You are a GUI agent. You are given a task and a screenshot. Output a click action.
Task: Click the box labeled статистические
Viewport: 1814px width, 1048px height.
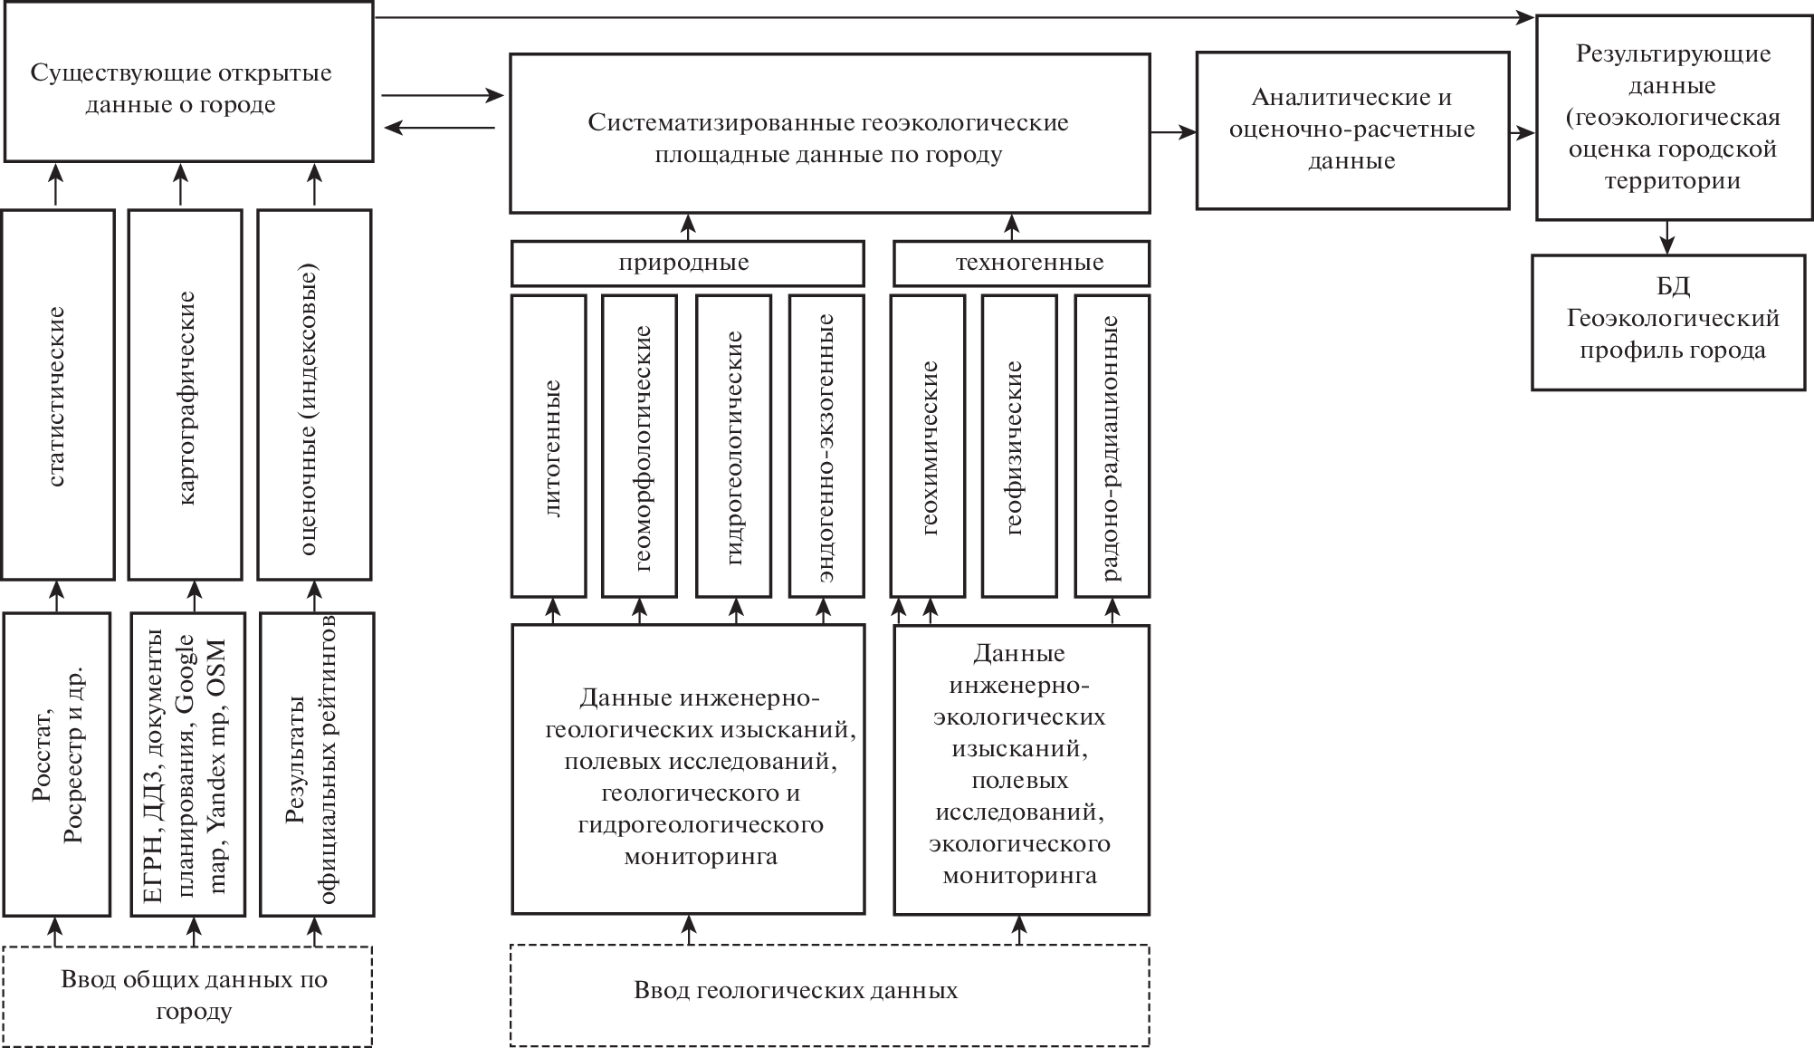[58, 395]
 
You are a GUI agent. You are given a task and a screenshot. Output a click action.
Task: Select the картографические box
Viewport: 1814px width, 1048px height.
[186, 395]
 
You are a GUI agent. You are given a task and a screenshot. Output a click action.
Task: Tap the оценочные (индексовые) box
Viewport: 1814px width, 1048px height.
[314, 395]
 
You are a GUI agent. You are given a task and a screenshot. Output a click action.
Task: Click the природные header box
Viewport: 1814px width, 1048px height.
[687, 264]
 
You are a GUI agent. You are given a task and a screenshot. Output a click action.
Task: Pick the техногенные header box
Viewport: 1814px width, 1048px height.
[1021, 264]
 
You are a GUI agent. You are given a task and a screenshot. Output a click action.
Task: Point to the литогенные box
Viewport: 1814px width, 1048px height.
[549, 446]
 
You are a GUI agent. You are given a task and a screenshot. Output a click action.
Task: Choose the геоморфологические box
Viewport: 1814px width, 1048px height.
[639, 446]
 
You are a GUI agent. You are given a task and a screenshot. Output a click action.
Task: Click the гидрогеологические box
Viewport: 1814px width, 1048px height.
[733, 446]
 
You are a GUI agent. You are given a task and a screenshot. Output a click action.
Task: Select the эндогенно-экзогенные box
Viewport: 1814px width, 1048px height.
[826, 446]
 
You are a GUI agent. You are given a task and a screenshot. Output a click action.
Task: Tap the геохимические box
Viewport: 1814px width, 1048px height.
[927, 446]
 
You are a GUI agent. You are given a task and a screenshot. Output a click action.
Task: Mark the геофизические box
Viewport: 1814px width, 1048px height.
[1019, 446]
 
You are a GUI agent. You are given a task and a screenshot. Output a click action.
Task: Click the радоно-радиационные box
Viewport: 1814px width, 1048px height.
[1112, 446]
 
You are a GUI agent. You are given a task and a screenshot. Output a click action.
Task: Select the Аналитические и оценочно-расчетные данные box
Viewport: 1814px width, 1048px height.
[1352, 130]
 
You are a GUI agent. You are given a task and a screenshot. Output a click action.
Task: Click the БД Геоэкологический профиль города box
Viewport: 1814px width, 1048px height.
[1667, 322]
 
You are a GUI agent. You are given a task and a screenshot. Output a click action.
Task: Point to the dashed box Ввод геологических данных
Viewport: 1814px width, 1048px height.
[829, 995]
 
